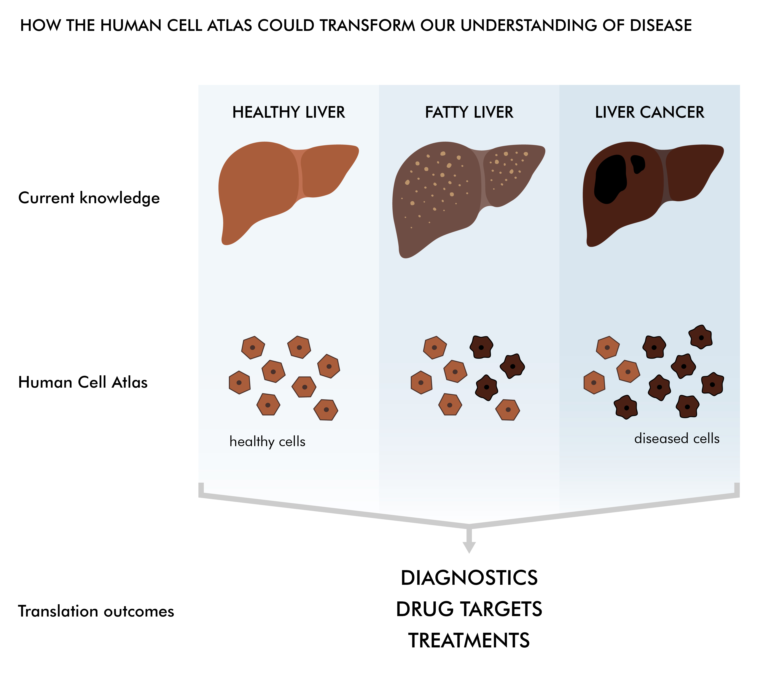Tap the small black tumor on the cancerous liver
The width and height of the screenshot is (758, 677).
pyautogui.click(x=638, y=164)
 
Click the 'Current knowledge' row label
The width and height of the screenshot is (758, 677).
pyautogui.click(x=89, y=198)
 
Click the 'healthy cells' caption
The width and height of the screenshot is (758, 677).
pyautogui.click(x=267, y=442)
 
